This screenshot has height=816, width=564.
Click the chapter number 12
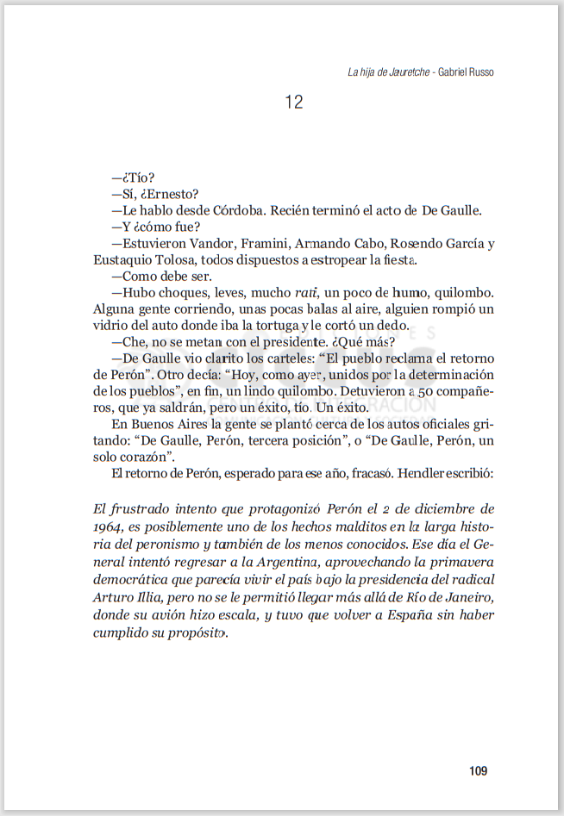click(x=293, y=103)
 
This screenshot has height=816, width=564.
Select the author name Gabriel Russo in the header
click(x=467, y=72)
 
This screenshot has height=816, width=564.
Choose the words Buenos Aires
click(x=169, y=424)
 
